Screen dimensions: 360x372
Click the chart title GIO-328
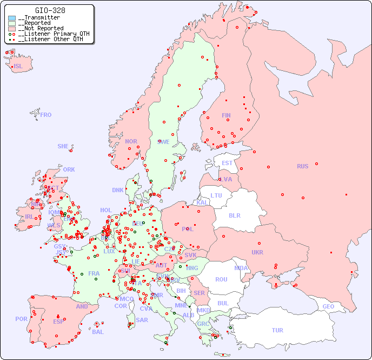click(50, 10)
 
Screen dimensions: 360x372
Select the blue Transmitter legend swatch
click(12, 18)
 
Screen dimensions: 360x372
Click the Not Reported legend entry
click(41, 28)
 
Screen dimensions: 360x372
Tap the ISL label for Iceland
click(18, 67)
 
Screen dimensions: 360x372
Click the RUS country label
click(302, 166)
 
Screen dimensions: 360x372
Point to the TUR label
click(277, 330)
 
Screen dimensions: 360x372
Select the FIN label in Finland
click(226, 115)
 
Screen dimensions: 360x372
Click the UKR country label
click(257, 252)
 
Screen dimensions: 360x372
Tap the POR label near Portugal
click(21, 319)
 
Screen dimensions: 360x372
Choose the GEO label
click(328, 306)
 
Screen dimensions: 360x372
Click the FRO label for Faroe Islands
click(46, 115)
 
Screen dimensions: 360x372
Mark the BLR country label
click(234, 215)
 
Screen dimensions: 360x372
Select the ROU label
click(221, 279)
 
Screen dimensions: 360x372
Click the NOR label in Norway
click(131, 141)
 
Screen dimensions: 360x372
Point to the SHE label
click(63, 146)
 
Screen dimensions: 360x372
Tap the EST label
click(227, 163)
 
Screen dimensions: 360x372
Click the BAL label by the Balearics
click(98, 332)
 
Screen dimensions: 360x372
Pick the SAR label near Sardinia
click(142, 320)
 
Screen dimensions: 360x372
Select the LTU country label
click(216, 195)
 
